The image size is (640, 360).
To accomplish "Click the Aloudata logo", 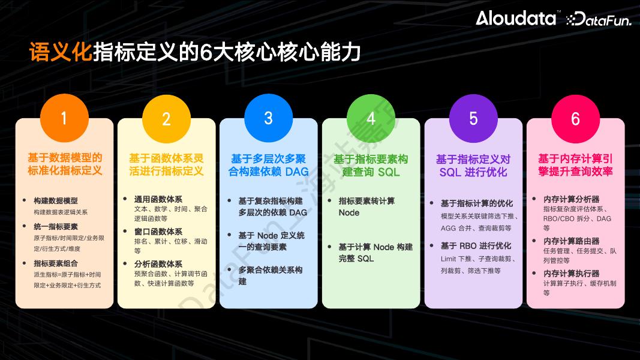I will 516,19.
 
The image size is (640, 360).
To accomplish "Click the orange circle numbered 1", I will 64,118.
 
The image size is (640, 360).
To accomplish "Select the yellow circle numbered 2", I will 167,118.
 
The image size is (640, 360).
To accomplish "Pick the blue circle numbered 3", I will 269,118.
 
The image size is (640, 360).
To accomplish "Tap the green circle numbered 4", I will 371,118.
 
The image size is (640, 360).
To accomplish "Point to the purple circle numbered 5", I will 473,118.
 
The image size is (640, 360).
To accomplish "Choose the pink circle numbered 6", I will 575,118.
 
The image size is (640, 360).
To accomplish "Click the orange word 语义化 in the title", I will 61,53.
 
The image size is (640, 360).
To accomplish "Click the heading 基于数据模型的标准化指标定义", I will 65,164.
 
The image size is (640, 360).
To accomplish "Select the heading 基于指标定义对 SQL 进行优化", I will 473,166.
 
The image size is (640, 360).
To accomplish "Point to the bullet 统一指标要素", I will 56,227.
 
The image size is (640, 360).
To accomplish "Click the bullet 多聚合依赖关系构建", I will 270,275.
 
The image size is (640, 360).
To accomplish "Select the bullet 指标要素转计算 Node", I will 366,206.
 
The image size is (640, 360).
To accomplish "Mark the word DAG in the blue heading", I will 297,172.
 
